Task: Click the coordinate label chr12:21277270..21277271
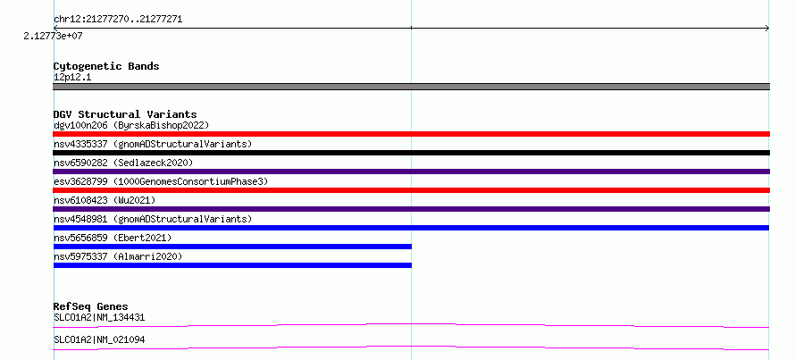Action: coord(118,20)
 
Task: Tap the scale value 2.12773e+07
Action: coord(54,37)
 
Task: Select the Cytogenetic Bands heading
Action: coord(106,66)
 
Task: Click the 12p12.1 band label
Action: coord(72,78)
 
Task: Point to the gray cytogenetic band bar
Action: coord(411,87)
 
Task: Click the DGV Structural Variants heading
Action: coord(125,114)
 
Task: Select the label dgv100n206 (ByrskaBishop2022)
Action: coord(131,125)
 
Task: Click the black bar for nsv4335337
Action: coord(411,153)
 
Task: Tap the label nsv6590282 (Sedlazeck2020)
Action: coord(123,163)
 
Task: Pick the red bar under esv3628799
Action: coord(411,190)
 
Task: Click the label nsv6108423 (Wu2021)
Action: coord(105,200)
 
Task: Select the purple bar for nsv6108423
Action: coord(411,209)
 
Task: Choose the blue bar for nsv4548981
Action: coord(411,228)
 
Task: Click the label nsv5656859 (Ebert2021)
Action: coord(113,238)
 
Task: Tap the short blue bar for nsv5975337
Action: coord(232,265)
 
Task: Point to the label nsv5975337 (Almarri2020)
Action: coord(118,256)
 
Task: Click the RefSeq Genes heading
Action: coord(90,306)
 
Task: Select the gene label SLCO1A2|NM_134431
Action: coord(99,318)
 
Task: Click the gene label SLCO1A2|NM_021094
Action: coord(99,339)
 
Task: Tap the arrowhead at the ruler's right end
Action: coord(768,29)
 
